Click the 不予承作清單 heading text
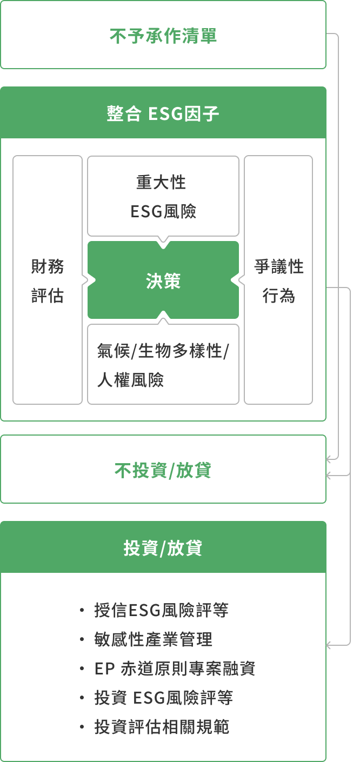163,36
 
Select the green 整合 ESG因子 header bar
163,113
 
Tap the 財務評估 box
48,280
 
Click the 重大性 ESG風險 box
163,196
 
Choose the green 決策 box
163,280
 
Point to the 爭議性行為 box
278,280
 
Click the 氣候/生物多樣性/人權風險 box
163,365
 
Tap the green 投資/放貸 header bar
163,548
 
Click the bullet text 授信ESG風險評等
161,610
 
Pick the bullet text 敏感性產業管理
154,639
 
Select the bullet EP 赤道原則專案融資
175,669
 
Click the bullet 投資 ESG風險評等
163,698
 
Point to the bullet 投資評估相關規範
162,727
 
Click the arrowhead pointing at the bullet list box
329,645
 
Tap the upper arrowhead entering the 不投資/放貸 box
329,459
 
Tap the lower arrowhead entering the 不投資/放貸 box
329,476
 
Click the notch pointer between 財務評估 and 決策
85,279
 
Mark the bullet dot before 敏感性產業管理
82,639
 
